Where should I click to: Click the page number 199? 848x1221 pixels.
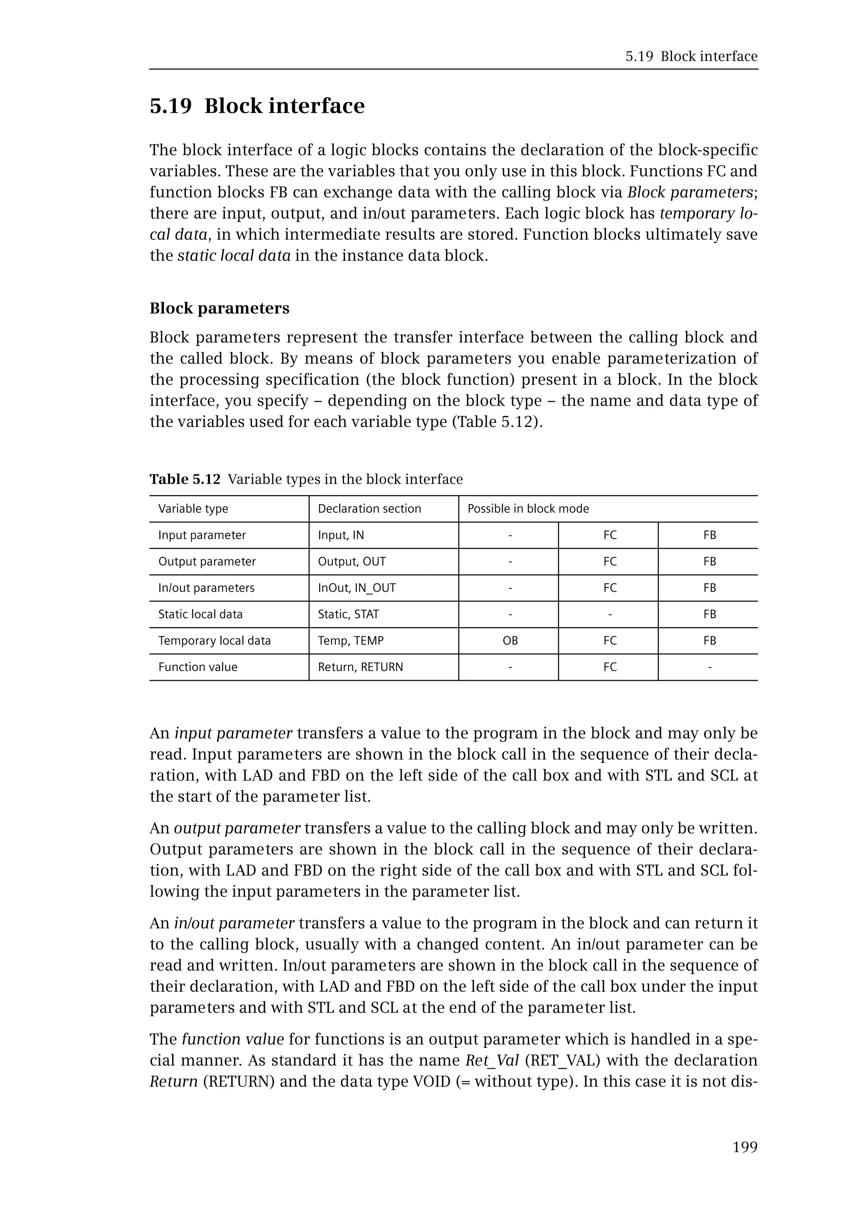tap(744, 1147)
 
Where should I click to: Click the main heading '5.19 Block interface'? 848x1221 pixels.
tap(257, 106)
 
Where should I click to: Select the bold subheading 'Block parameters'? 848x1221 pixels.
tap(219, 308)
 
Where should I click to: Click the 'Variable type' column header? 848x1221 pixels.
tap(193, 508)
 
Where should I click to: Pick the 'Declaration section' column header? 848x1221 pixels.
tap(369, 508)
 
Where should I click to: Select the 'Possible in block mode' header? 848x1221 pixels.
tap(528, 508)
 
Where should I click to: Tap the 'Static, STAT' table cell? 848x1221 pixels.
tap(348, 614)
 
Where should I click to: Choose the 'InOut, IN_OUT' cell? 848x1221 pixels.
tap(357, 588)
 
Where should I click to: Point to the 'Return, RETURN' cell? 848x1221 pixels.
tap(360, 667)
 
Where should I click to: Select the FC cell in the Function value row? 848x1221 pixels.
tap(609, 667)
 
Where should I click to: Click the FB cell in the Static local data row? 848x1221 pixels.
tap(709, 614)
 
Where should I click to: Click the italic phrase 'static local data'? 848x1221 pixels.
tap(234, 255)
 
